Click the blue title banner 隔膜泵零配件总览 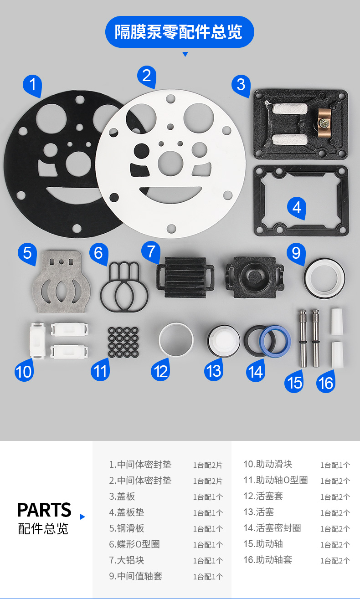coord(180,32)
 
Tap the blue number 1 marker coord(33,85)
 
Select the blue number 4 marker coord(297,208)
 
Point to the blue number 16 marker coord(325,383)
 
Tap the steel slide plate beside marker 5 coord(61,282)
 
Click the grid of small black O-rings coord(123,342)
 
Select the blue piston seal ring coord(275,341)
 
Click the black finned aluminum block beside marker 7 coord(185,277)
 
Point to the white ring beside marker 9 coord(324,278)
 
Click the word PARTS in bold coord(44,510)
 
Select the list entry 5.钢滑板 coord(127,528)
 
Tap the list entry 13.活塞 coord(259,512)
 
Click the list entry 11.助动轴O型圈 coord(276,480)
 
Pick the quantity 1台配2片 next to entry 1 coord(208,465)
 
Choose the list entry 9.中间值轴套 coord(136,576)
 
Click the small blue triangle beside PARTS coord(82,517)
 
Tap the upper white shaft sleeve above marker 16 coord(337,322)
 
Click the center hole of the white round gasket coord(170,164)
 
